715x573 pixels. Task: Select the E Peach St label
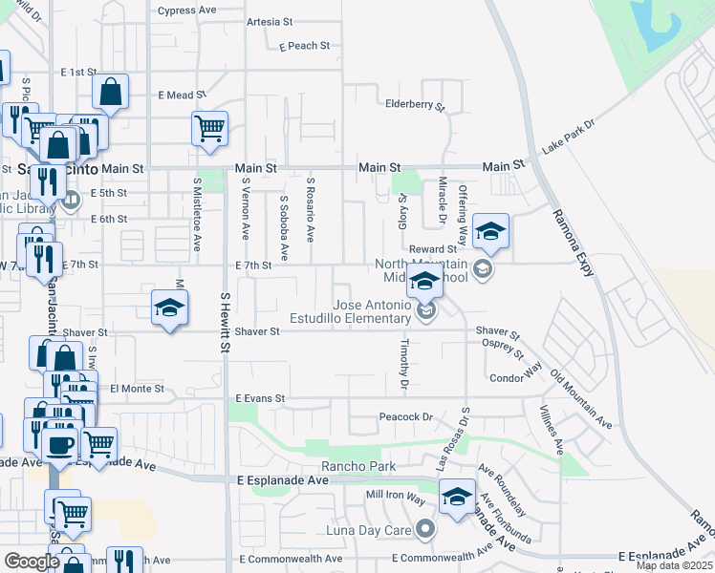click(x=305, y=46)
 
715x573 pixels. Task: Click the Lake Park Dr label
click(x=568, y=137)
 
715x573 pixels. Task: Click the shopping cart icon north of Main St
click(x=209, y=128)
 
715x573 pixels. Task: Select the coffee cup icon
click(x=59, y=443)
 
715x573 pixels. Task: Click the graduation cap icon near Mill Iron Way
click(x=458, y=498)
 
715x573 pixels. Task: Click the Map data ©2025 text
click(x=674, y=565)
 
